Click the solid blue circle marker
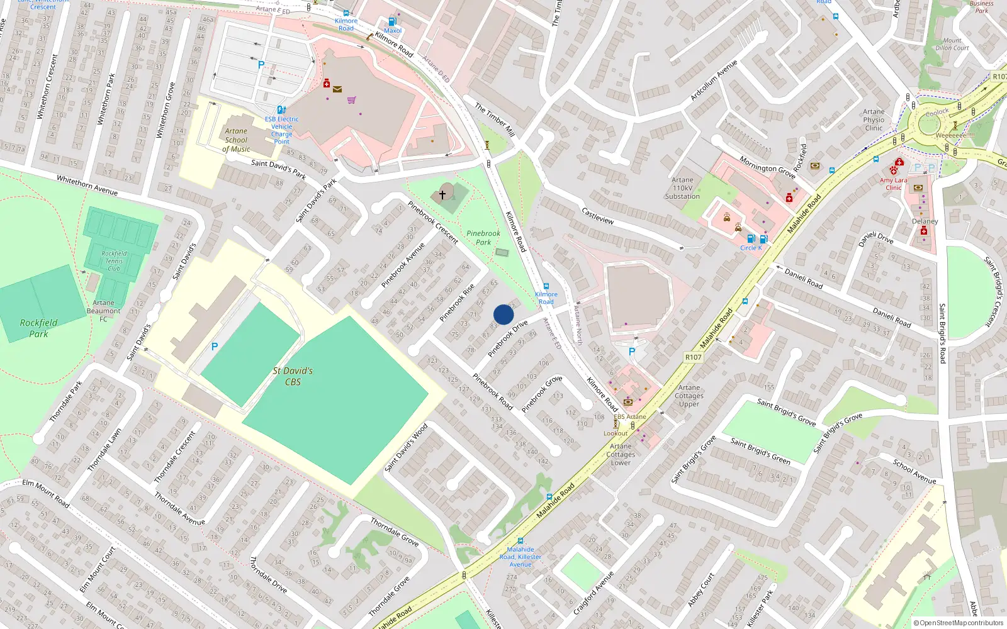click(x=503, y=314)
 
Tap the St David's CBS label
click(x=293, y=376)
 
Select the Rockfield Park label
click(x=38, y=328)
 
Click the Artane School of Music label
click(x=236, y=140)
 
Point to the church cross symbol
click(x=442, y=195)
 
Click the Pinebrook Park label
click(x=483, y=238)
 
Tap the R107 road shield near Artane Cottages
click(x=693, y=357)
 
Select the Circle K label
click(x=751, y=248)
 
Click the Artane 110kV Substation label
click(x=682, y=188)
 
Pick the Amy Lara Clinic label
click(x=894, y=184)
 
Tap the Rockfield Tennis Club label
click(x=114, y=261)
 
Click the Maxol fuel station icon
click(x=393, y=22)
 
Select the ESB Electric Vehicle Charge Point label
click(x=281, y=130)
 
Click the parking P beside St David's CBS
click(x=215, y=347)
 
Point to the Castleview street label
click(x=597, y=216)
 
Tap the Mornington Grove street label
click(x=767, y=167)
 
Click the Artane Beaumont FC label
click(x=104, y=311)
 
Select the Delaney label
click(x=925, y=221)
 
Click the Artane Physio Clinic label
click(x=874, y=120)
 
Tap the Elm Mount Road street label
click(x=46, y=493)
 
